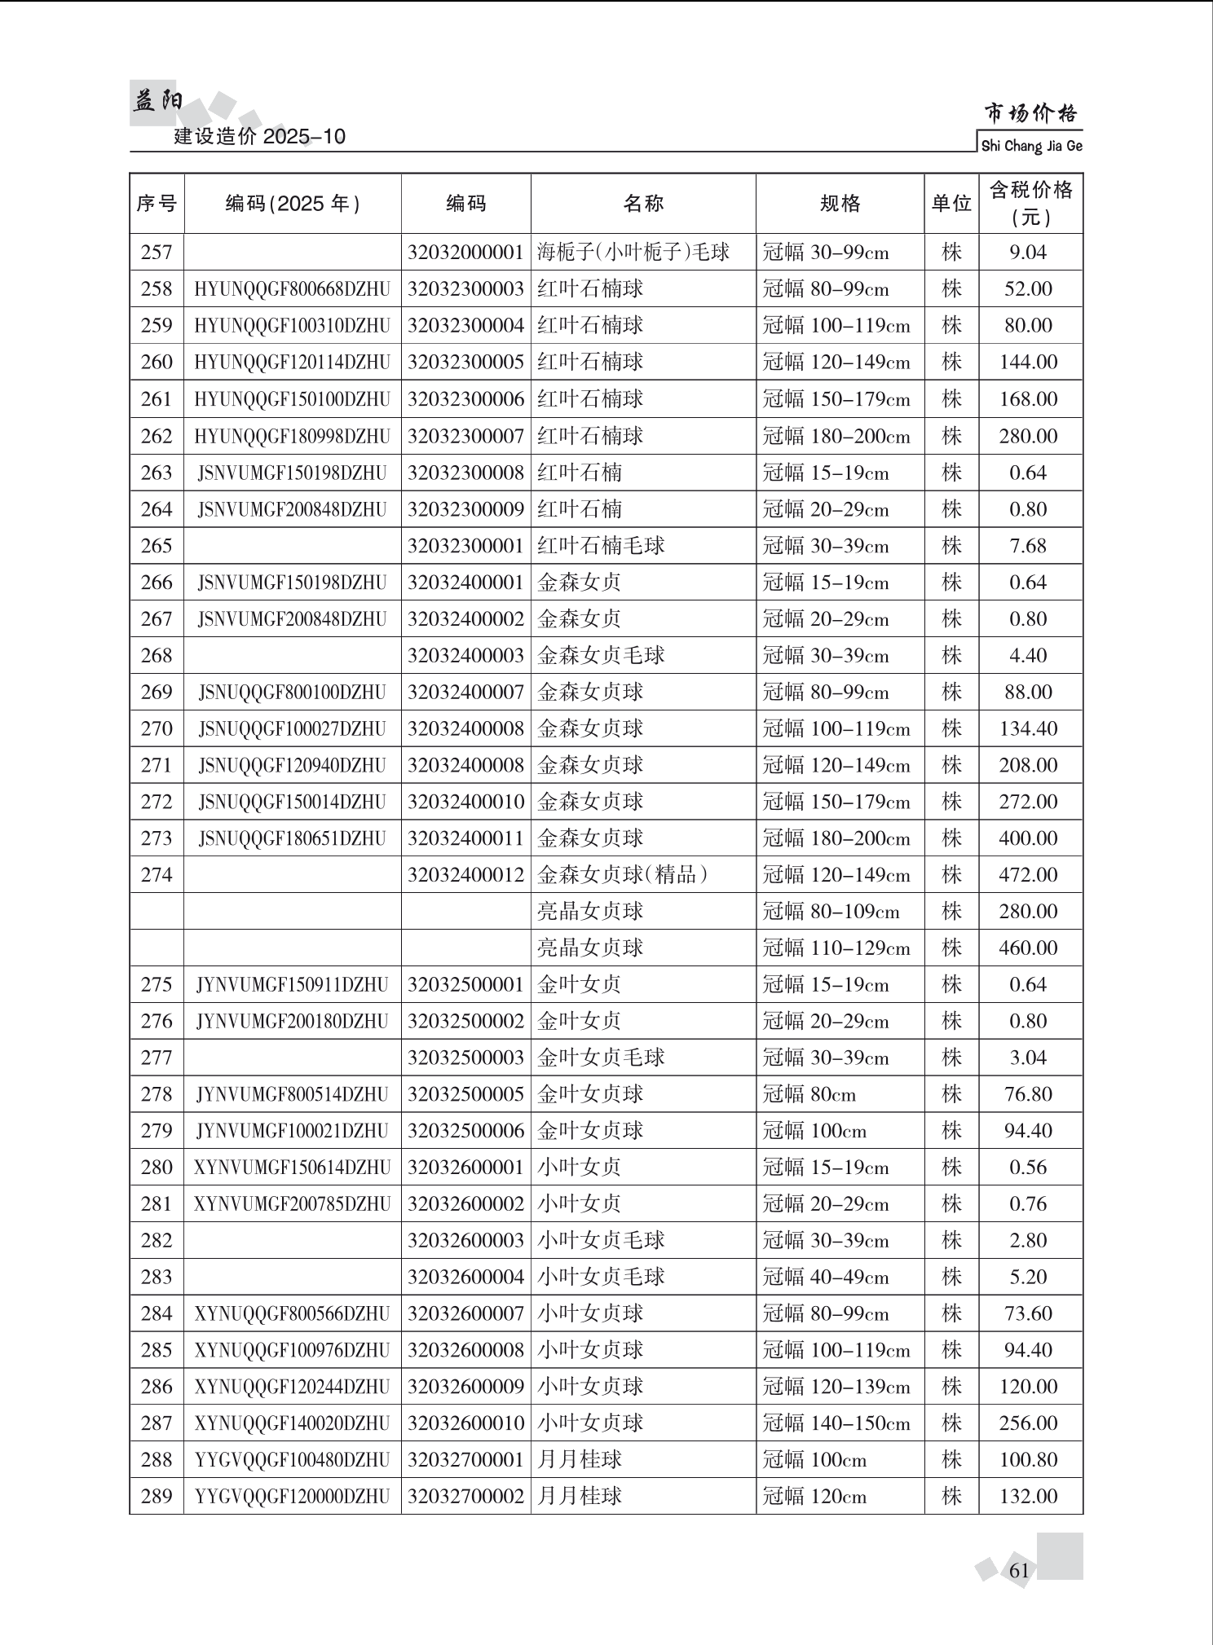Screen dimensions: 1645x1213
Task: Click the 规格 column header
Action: tap(840, 204)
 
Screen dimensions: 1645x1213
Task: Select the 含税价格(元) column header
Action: tap(1030, 204)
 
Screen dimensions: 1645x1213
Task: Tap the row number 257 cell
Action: tap(157, 253)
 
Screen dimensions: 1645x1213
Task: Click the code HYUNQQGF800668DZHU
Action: tap(292, 289)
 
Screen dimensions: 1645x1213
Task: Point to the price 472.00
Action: tap(1028, 875)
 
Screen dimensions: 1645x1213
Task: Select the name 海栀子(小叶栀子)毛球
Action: tap(633, 253)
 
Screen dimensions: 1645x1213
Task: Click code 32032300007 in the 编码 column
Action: tap(465, 436)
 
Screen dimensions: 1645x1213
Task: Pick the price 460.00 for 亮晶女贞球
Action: tap(1028, 948)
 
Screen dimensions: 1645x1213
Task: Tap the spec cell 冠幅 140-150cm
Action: tap(836, 1423)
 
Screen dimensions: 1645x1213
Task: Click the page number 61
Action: tap(1019, 1571)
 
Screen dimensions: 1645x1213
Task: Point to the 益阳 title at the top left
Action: tap(157, 101)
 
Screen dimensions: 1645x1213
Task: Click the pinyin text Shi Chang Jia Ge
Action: tap(1031, 147)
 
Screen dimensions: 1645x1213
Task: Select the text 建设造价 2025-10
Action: tap(260, 136)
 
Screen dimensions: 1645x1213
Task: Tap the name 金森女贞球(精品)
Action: tap(622, 875)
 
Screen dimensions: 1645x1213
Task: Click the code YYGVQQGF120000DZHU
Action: tap(292, 1497)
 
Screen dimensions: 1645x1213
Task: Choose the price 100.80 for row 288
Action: tap(1028, 1460)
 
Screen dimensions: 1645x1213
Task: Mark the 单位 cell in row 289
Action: tap(951, 1497)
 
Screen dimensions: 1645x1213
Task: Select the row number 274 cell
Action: tap(157, 875)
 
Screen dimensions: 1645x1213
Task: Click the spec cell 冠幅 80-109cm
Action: tap(831, 912)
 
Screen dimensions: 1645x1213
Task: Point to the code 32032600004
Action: tap(465, 1277)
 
